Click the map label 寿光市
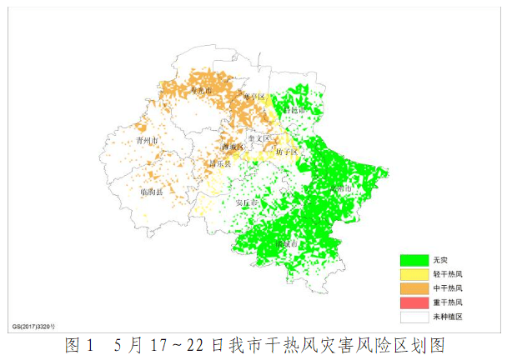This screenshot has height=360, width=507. coord(201,90)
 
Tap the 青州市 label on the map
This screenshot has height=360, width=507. coord(147,142)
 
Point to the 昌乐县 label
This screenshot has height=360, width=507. coord(220,164)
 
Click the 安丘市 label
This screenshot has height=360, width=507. coord(248,202)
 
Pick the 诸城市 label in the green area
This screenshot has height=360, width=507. coord(288,244)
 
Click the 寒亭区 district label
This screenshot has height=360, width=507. coord(253,97)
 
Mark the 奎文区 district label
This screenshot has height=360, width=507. coord(259,138)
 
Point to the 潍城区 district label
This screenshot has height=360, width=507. coord(233,147)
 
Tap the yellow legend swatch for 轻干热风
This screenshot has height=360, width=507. coord(414,274)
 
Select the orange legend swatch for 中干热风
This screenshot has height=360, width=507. coord(414,288)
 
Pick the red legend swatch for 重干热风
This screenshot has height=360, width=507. coord(414,302)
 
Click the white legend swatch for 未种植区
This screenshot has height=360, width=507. coord(414,317)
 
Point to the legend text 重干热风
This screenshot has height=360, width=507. coord(448,302)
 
